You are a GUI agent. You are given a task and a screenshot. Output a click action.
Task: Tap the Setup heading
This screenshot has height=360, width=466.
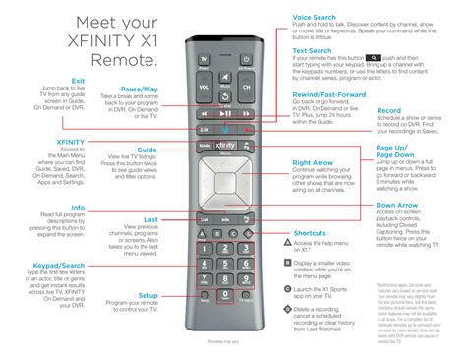147,295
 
